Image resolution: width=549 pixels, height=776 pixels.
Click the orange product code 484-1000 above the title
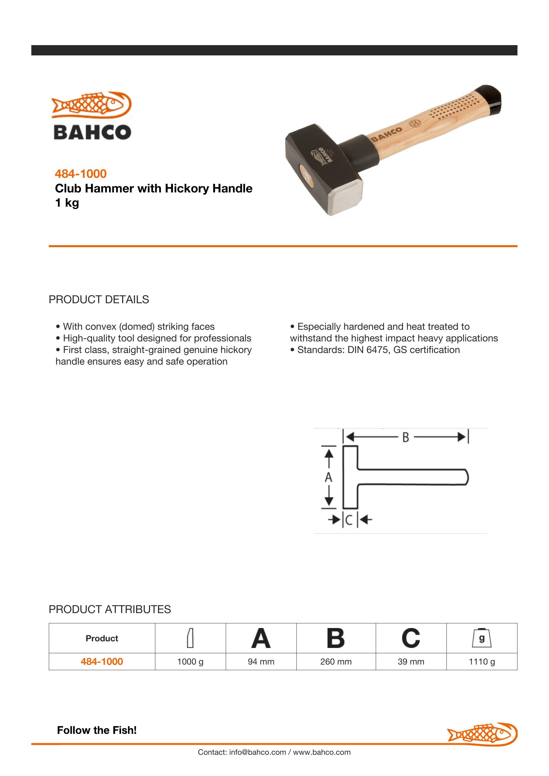(x=81, y=174)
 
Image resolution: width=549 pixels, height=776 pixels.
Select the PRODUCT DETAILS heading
(x=99, y=300)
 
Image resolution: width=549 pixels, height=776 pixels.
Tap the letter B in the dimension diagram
(x=406, y=437)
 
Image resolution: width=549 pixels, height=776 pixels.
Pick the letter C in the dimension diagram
(x=349, y=520)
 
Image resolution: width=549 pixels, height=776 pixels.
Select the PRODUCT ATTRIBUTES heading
(x=110, y=609)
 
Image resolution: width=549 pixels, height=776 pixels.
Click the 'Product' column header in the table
(x=102, y=638)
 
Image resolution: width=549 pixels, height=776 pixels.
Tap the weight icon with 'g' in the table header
(x=482, y=638)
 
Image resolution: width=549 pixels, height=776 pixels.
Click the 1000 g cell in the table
(x=190, y=662)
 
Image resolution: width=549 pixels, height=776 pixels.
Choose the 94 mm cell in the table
(x=261, y=662)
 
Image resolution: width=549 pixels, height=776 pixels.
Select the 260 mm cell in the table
(x=336, y=662)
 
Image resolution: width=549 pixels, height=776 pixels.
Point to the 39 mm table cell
(x=411, y=662)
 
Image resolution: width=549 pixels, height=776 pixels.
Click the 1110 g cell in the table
(x=482, y=662)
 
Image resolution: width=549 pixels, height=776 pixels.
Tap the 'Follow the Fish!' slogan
(x=97, y=730)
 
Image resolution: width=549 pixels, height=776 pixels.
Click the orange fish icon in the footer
(x=482, y=734)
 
